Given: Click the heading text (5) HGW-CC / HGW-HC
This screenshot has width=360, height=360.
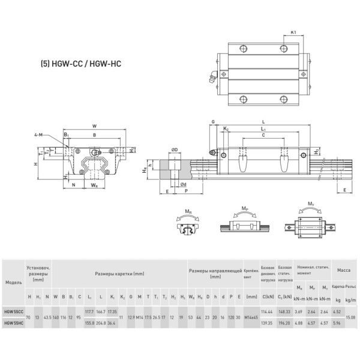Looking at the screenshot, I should [81, 62].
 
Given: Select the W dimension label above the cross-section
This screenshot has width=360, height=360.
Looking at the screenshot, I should [94, 126].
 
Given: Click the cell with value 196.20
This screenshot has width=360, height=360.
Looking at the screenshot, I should [285, 323].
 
